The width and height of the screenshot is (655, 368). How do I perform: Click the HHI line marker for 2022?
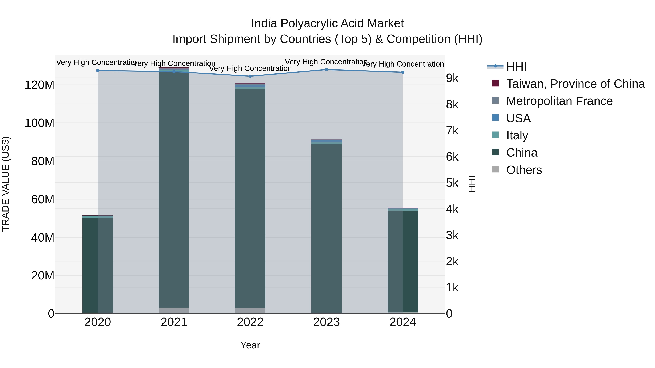point(250,76)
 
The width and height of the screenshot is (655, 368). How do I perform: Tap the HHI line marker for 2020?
point(98,71)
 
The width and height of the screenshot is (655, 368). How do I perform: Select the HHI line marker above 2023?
point(326,70)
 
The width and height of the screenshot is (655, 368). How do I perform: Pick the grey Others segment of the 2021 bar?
point(174,311)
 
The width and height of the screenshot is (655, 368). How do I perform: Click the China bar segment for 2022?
point(250,198)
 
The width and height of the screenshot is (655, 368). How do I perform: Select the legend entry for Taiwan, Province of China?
point(575,84)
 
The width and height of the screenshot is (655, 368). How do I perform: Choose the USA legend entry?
point(518,118)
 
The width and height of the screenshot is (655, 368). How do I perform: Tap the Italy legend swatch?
point(495,135)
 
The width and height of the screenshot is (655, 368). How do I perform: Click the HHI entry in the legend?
point(516,67)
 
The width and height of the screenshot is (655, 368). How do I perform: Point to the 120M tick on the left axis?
point(39,85)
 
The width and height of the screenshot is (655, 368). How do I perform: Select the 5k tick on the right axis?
point(452,183)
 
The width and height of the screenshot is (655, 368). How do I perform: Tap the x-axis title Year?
point(250,345)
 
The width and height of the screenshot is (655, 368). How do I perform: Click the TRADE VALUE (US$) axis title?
point(6,184)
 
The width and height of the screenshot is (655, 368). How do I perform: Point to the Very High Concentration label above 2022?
point(250,68)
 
